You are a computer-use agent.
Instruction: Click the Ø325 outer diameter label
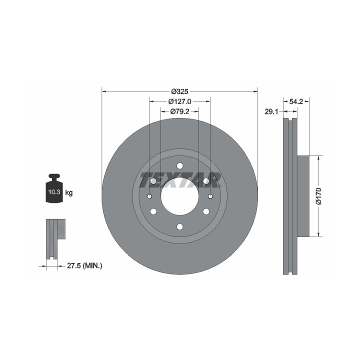(179, 91)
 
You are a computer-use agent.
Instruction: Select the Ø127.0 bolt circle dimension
(180, 101)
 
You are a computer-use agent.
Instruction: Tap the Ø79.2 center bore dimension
(180, 111)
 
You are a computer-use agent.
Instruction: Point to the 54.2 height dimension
(296, 101)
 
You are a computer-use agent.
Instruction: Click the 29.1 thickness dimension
(271, 112)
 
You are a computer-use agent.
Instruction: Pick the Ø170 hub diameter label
(318, 196)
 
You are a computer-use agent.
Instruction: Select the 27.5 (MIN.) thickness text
(84, 266)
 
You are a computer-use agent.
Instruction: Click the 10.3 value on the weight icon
(54, 192)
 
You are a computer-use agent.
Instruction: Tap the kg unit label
(69, 193)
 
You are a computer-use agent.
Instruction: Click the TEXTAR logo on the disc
(180, 180)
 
